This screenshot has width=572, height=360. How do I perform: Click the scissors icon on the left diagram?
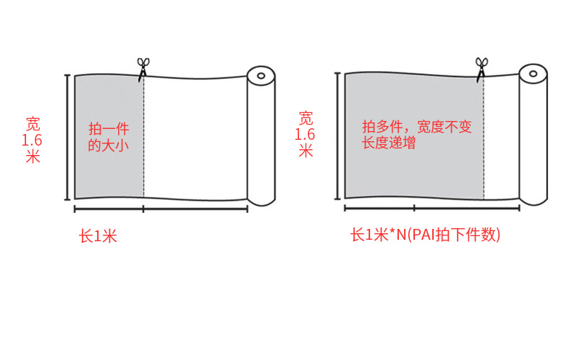click(143, 67)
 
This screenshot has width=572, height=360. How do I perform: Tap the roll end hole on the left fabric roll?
click(261, 74)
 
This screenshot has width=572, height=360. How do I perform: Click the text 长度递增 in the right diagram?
click(389, 143)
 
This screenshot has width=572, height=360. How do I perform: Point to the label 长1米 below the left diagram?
click(98, 236)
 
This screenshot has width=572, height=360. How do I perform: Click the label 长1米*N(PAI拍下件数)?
click(426, 235)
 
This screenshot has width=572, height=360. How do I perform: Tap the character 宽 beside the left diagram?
click(33, 123)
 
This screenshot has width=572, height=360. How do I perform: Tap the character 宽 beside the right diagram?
click(306, 117)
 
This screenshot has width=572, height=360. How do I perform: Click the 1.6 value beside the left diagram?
click(33, 139)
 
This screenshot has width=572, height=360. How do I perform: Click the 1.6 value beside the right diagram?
click(306, 134)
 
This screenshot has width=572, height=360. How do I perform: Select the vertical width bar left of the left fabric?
click(68, 136)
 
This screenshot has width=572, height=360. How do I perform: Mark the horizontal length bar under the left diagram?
click(161, 209)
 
